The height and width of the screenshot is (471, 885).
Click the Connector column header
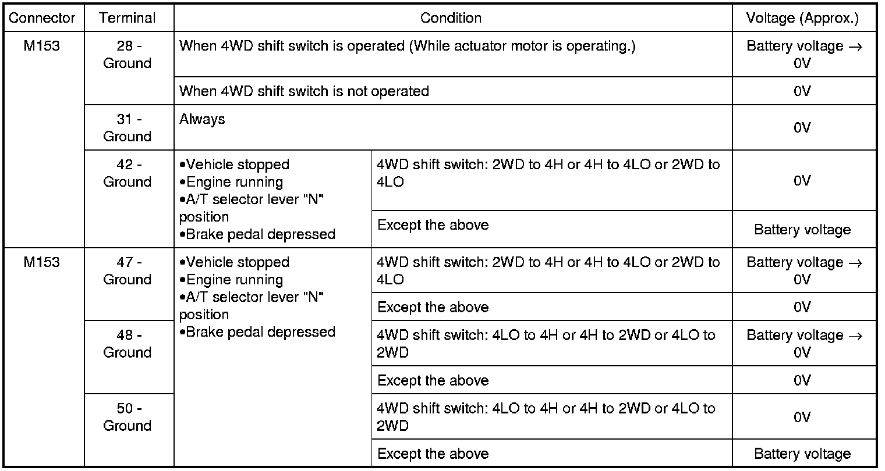[x=42, y=18]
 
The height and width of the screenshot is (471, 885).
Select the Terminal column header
[x=127, y=18]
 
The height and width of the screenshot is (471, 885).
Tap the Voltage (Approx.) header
[x=802, y=18]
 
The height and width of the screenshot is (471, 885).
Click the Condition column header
[x=451, y=18]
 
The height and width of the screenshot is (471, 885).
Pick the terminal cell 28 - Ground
[x=127, y=55]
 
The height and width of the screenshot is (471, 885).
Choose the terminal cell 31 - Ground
[x=127, y=127]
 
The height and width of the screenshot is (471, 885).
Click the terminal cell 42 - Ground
[x=127, y=173]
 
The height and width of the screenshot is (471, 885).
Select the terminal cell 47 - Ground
[x=127, y=270]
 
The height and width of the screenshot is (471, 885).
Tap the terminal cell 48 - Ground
[x=127, y=344]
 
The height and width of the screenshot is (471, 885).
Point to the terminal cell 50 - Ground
[x=127, y=416]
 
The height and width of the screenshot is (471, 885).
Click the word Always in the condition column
[x=202, y=120]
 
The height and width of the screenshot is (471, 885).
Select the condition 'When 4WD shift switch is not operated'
[x=304, y=91]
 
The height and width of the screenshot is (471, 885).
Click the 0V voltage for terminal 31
[x=802, y=127]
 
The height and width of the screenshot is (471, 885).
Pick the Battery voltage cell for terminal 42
[x=802, y=230]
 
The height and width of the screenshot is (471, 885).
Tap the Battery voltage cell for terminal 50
[x=802, y=454]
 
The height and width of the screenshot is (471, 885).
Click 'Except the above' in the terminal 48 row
[x=433, y=380]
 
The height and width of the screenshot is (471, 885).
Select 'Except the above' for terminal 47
[x=433, y=307]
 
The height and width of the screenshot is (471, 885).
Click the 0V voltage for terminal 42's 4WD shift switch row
[x=802, y=181]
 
